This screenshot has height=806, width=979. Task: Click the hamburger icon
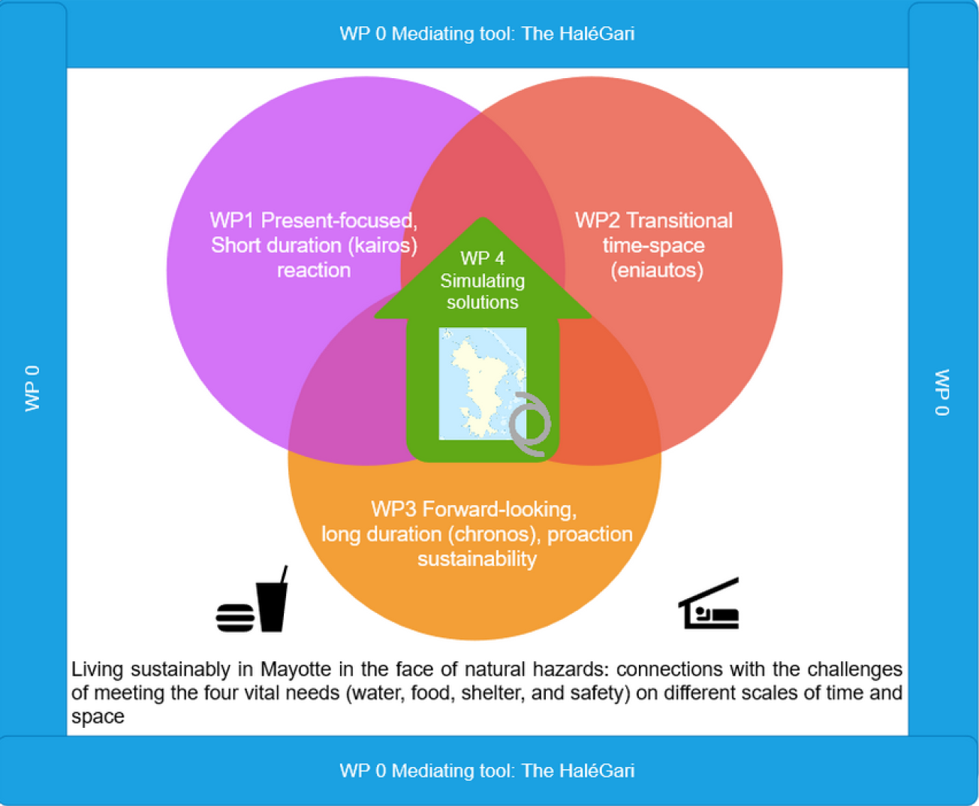pos(235,618)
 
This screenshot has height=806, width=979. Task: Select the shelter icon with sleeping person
pos(709,603)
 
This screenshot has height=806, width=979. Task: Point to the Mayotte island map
pos(482,383)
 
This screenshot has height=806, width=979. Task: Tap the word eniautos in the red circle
pos(657,270)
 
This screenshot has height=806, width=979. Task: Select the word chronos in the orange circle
pos(491,534)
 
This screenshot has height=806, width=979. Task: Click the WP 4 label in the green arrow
pos(483,258)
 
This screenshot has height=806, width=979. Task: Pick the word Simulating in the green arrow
pos(483,281)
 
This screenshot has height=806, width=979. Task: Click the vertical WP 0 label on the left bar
pos(32,389)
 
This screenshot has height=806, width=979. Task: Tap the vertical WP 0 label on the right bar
pos(942,392)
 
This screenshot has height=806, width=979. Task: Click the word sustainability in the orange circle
pos(477,558)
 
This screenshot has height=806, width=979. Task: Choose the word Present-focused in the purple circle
pos(339,220)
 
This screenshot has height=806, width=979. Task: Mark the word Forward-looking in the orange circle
pos(499,510)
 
